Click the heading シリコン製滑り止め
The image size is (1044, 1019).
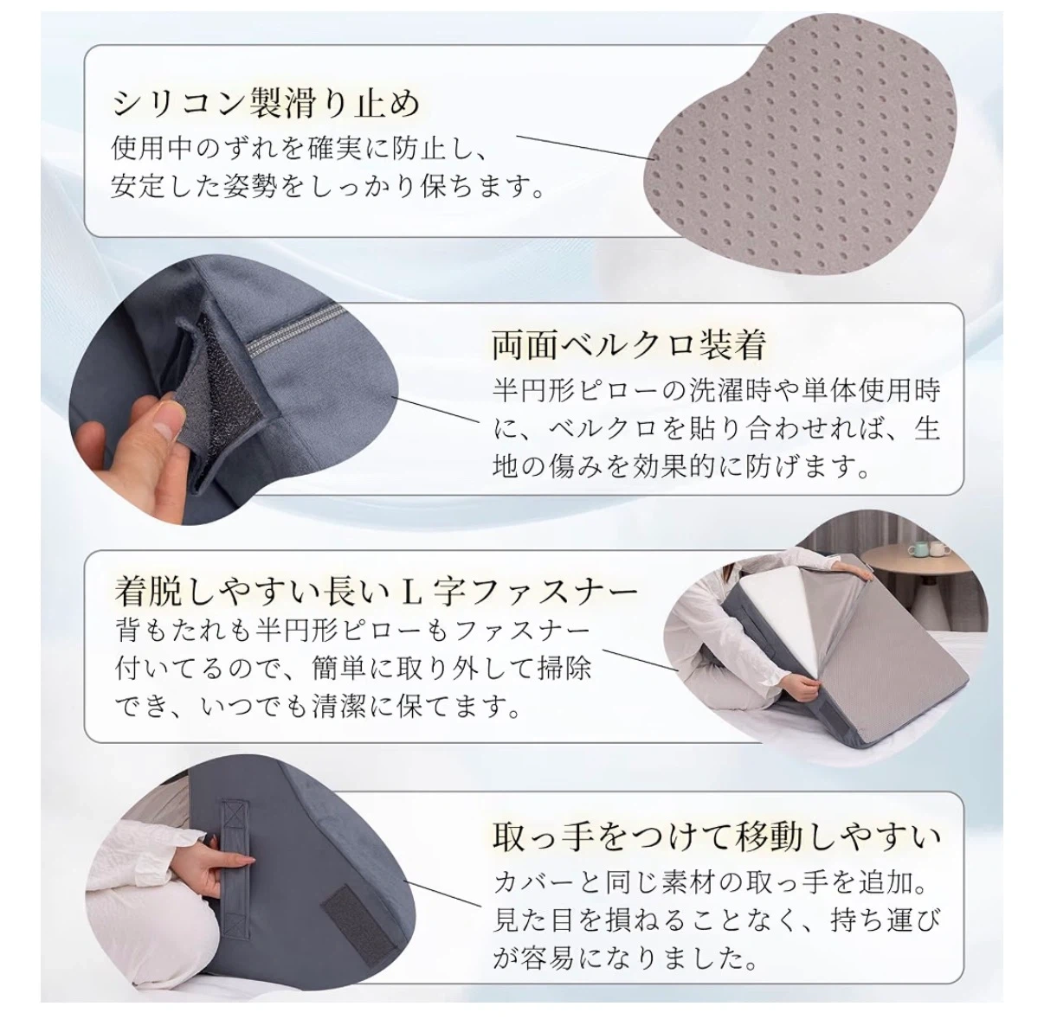pyautogui.click(x=266, y=104)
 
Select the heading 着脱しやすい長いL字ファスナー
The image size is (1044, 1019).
pyautogui.click(x=376, y=592)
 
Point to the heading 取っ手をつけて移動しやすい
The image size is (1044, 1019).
pyautogui.click(x=716, y=836)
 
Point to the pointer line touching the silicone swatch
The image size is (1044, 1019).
pyautogui.click(x=585, y=147)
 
